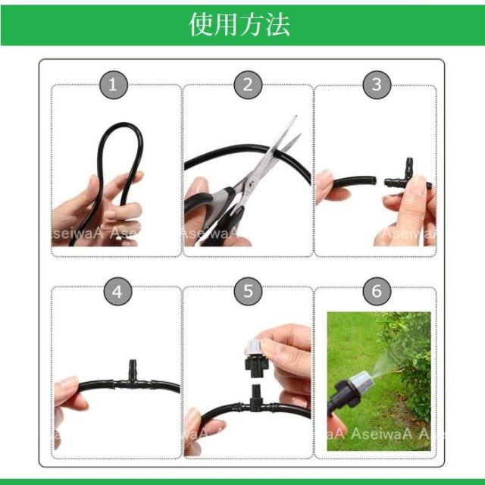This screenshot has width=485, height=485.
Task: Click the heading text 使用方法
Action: [239, 24]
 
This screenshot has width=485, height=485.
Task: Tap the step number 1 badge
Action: [113, 84]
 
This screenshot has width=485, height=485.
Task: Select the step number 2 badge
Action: [247, 84]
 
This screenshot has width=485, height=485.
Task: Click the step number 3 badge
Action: [377, 84]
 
